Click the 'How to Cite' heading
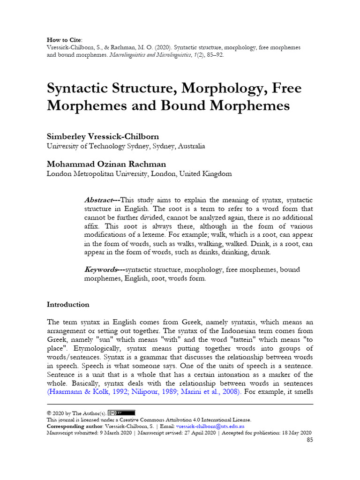click(x=63, y=40)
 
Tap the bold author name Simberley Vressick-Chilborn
click(x=103, y=136)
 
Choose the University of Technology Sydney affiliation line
click(x=126, y=146)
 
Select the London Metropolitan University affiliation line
click(x=139, y=174)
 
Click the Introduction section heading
click(x=68, y=304)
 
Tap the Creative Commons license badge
click(x=121, y=413)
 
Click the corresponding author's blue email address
click(x=210, y=426)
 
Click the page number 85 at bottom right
click(x=309, y=440)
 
